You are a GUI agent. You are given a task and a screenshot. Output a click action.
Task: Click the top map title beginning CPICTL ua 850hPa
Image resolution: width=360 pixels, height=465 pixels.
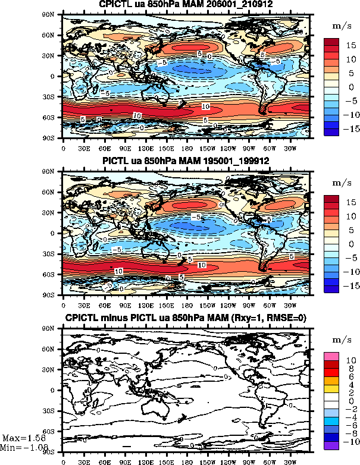click(186, 6)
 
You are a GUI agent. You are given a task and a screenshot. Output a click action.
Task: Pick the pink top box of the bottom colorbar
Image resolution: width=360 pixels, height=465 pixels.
click(332, 356)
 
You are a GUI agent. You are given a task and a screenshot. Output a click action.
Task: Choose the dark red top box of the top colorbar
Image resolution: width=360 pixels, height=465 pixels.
click(332, 42)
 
